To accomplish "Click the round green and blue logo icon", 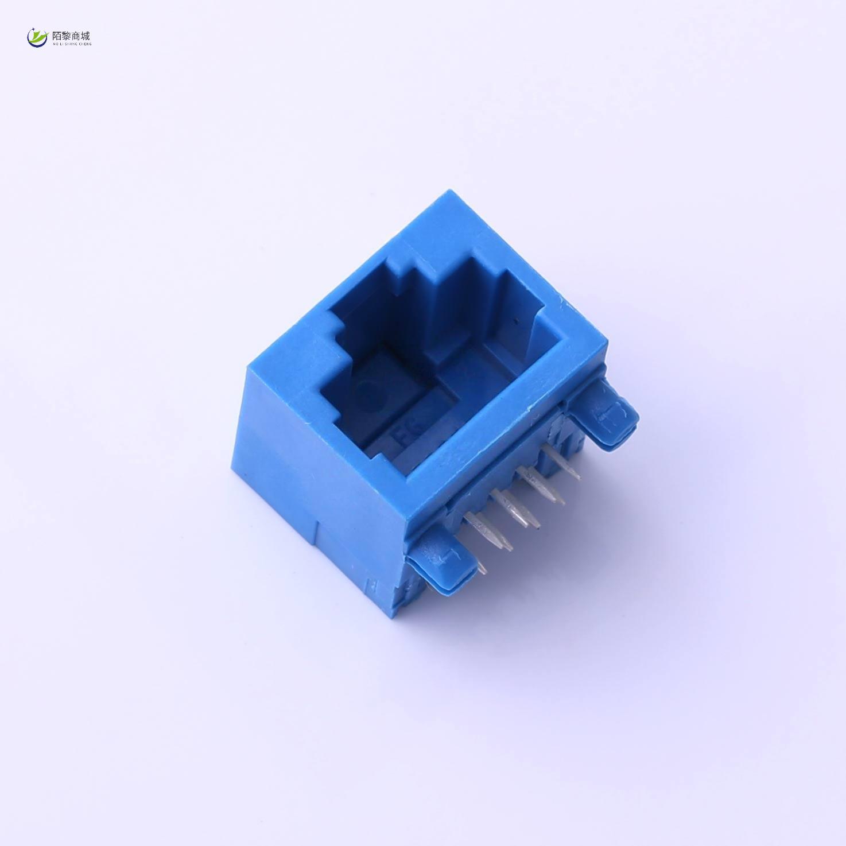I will pyautogui.click(x=37, y=37).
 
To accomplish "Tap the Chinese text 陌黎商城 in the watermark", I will pyautogui.click(x=71, y=36).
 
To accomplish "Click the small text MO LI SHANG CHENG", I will pyautogui.click(x=71, y=44).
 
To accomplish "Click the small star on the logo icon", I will pyautogui.click(x=34, y=29).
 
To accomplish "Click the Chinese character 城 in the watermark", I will pyautogui.click(x=86, y=36).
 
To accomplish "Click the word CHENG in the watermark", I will pyautogui.click(x=85, y=44).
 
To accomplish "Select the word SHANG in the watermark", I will pyautogui.click(x=71, y=44).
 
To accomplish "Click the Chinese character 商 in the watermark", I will pyautogui.click(x=76, y=36).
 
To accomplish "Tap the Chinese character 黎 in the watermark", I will pyautogui.click(x=67, y=36).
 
